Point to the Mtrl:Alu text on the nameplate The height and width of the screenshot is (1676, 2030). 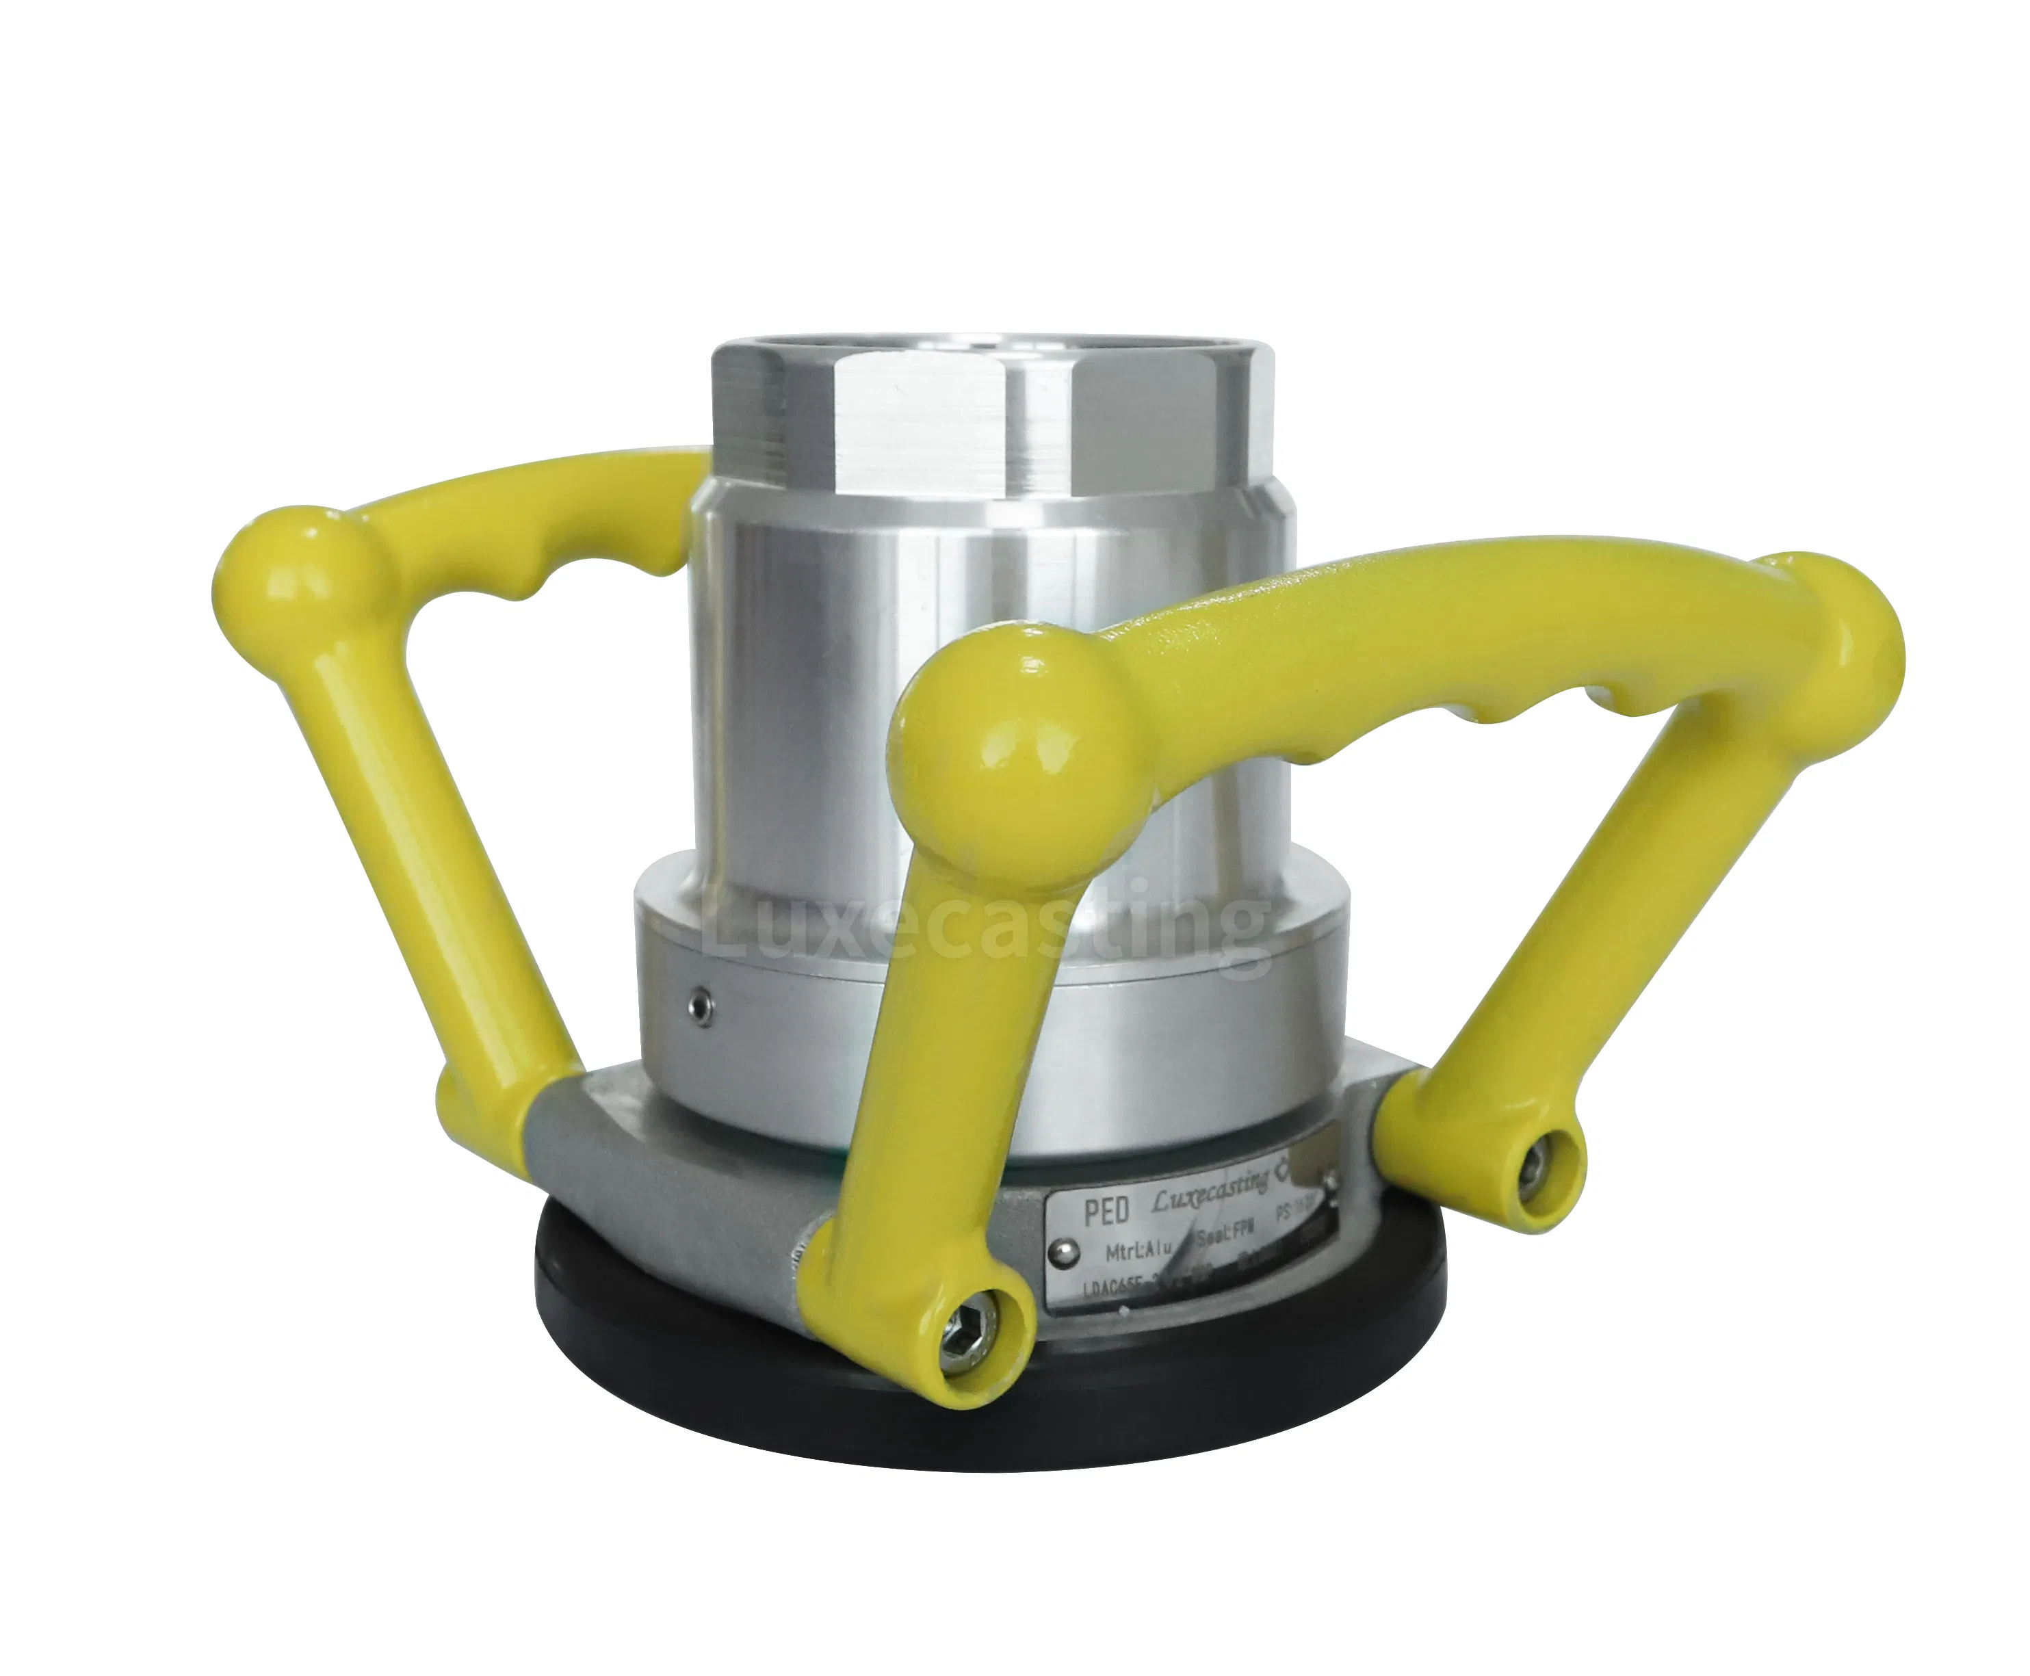tap(1140, 1252)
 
